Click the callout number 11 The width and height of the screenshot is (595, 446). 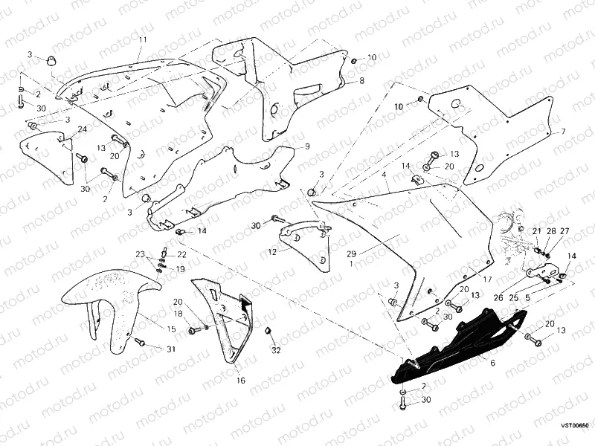click(x=142, y=39)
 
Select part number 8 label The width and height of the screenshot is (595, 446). click(x=361, y=80)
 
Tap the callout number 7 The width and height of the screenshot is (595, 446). click(x=562, y=132)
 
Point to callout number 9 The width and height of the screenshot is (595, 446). click(x=305, y=147)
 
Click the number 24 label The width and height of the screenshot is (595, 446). click(x=82, y=129)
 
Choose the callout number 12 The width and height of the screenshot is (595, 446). click(x=272, y=252)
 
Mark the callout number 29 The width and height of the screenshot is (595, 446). click(x=352, y=254)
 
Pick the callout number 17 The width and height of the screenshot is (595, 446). click(x=489, y=279)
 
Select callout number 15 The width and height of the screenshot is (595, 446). click(x=170, y=328)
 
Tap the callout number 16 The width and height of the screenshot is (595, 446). click(x=240, y=380)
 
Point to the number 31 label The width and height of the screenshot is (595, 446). click(x=171, y=349)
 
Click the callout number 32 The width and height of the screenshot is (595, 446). click(x=276, y=349)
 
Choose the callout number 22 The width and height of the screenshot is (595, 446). click(x=181, y=254)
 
